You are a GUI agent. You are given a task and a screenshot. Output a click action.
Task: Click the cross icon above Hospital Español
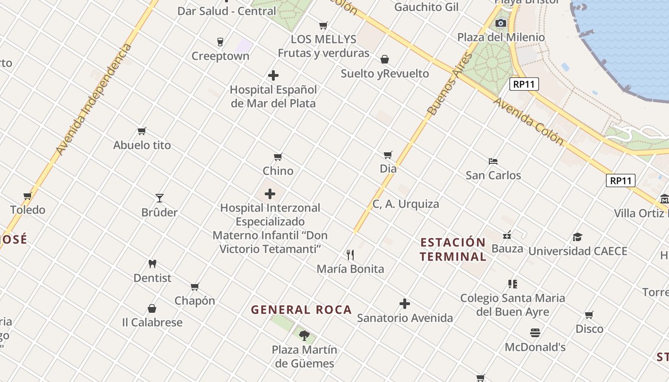coord(273,75)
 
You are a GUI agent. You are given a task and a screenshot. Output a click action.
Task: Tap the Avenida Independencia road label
coord(93,99)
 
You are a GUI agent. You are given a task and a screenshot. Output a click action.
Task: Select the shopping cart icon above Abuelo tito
coord(141,131)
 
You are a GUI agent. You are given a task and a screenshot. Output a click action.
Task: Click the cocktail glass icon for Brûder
coord(160,198)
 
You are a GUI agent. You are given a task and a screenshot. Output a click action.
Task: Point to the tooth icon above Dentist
coord(152,264)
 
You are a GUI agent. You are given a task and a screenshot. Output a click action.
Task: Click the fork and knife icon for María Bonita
coord(350,255)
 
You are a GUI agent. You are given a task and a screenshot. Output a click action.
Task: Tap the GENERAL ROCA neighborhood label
coord(302,309)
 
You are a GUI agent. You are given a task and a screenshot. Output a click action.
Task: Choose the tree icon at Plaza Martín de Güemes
coord(304,335)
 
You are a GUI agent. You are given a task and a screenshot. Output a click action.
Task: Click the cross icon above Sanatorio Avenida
coord(405,304)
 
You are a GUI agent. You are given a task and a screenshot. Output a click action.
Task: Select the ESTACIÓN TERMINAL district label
coord(453,249)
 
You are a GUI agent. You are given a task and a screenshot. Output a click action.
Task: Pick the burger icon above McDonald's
coord(535,333)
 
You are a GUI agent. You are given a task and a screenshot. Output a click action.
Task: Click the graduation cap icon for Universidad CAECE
coord(578,237)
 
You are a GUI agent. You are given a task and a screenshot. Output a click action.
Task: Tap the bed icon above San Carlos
coord(493,161)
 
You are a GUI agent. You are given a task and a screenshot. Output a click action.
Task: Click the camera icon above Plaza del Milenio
coord(501,23)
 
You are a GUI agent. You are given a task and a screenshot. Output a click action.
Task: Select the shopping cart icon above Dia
coord(388,155)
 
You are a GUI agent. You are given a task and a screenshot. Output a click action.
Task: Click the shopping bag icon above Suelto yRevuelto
coord(385,59)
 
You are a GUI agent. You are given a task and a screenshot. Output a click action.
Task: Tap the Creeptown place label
coord(220,56)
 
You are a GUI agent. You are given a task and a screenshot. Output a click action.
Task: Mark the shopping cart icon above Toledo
coord(28,196)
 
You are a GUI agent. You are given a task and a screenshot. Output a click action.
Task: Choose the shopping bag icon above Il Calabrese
coord(152,308)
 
